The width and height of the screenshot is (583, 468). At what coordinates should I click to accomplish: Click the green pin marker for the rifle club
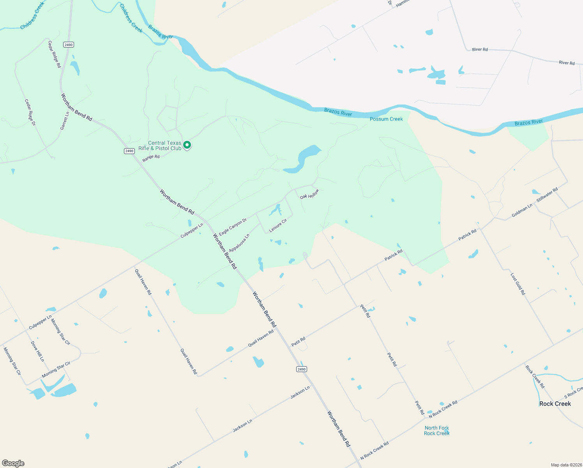click(x=187, y=145)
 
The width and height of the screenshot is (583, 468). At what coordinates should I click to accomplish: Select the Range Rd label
click(x=151, y=158)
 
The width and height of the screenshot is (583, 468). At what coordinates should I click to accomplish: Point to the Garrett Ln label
click(x=65, y=121)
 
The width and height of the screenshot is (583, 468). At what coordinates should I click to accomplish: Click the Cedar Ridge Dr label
click(x=30, y=112)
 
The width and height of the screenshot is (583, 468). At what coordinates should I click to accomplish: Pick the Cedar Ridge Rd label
click(x=55, y=54)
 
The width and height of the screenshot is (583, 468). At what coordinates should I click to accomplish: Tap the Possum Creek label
click(x=386, y=119)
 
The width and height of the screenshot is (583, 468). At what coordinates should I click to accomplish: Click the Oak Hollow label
click(x=309, y=194)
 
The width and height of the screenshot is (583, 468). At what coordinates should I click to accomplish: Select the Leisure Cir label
click(x=278, y=225)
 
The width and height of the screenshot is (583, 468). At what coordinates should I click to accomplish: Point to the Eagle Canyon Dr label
click(x=233, y=227)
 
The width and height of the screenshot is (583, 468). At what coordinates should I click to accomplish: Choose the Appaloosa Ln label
click(x=239, y=243)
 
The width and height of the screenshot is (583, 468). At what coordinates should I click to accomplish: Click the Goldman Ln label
click(x=522, y=211)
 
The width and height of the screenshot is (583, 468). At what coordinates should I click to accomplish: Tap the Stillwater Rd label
click(x=547, y=195)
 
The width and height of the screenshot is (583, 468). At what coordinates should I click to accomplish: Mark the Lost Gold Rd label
click(x=518, y=284)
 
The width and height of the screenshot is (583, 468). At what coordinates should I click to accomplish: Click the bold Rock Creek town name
click(x=555, y=404)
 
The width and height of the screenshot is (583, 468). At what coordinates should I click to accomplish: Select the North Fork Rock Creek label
click(x=436, y=431)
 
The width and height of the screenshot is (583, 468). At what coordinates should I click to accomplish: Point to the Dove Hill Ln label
click(x=37, y=351)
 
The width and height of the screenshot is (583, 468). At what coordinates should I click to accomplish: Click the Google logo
click(x=13, y=463)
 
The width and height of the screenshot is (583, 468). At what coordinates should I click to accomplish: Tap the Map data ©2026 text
click(x=565, y=465)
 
